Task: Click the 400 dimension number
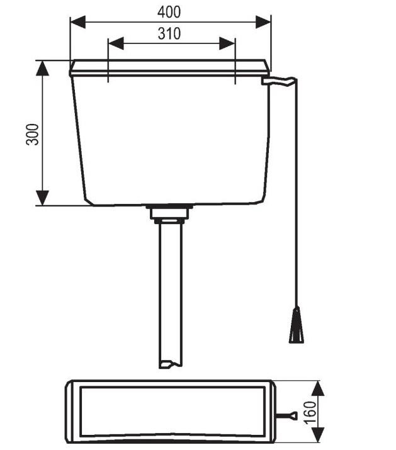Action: [169, 12]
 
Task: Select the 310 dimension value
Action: [169, 34]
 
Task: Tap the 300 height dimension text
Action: [33, 134]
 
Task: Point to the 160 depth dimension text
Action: [310, 413]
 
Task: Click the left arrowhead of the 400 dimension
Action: [78, 22]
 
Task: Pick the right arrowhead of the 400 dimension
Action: [263, 22]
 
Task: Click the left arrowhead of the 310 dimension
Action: [116, 43]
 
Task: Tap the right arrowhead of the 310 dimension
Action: [227, 43]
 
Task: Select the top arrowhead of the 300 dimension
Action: [43, 68]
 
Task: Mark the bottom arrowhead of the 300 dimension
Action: [43, 198]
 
